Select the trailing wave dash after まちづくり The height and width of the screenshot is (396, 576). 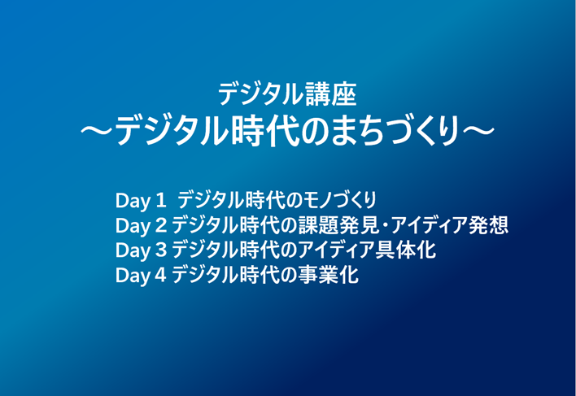tap(478, 130)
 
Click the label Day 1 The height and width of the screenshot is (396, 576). tap(141, 201)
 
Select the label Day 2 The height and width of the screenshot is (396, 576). tap(141, 226)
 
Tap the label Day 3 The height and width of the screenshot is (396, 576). tap(141, 250)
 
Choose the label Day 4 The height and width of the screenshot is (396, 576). tap(141, 276)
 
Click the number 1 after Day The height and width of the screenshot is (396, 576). tap(161, 200)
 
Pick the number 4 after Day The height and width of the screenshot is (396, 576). tap(161, 275)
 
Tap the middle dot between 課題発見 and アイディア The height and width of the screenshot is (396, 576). tap(384, 226)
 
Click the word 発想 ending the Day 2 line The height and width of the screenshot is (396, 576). tap(489, 225)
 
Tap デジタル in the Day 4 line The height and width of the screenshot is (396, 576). tap(205, 275)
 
